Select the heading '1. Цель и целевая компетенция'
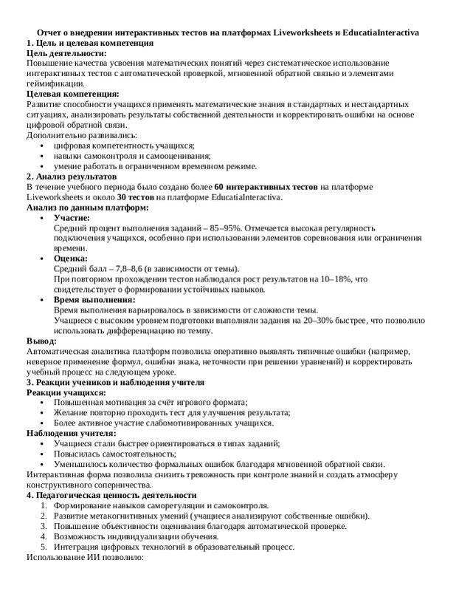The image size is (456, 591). coord(89,44)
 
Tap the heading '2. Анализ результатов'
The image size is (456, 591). coord(71,177)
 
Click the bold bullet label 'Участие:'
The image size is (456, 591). coord(72,219)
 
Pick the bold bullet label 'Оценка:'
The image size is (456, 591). coord(70,259)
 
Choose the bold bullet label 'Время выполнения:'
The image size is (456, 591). coord(94,300)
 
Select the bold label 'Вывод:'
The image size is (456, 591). coord(41,341)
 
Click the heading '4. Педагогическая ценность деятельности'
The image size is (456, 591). coord(111,495)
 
